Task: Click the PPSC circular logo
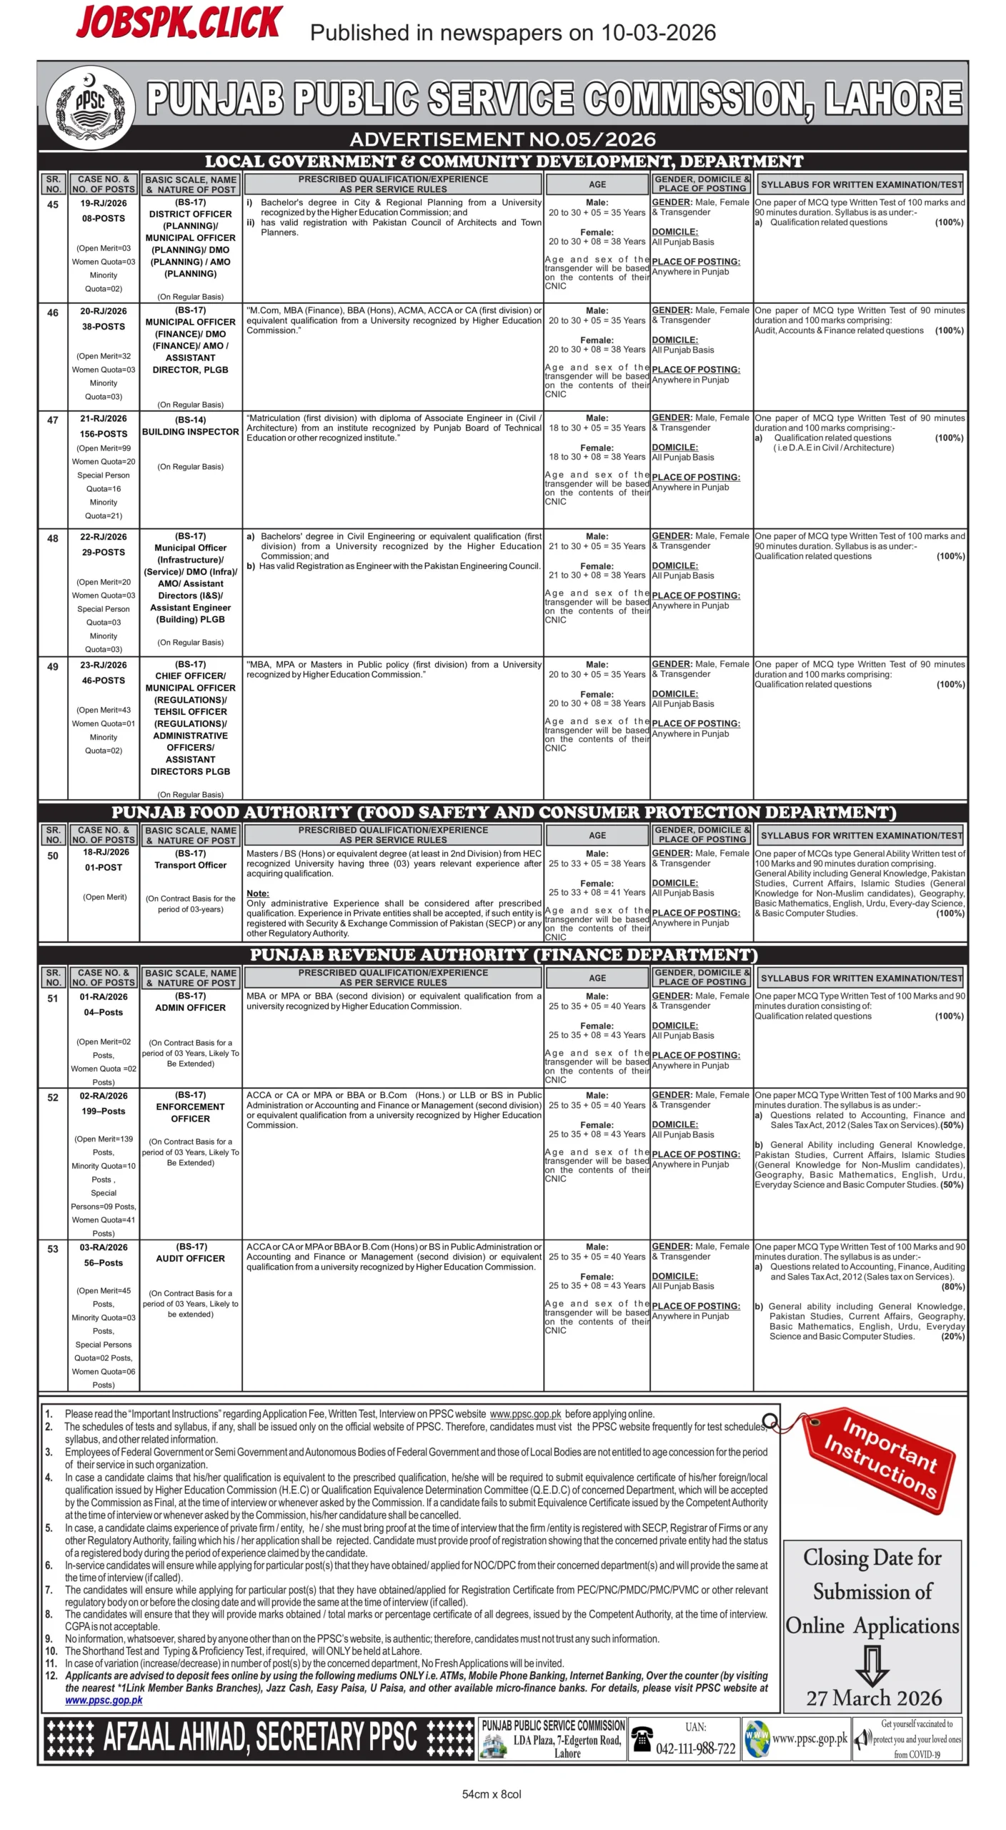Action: [x=90, y=107]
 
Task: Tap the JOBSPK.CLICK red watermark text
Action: [x=179, y=23]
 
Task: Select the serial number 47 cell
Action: [x=53, y=420]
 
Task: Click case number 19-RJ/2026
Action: [x=104, y=203]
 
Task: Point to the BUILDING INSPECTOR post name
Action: [x=190, y=432]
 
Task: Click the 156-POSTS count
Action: [x=104, y=434]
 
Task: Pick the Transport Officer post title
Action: [x=190, y=865]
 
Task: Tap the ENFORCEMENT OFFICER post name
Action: [x=190, y=1112]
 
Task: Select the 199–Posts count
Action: [x=104, y=1111]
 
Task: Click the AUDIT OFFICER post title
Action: [x=190, y=1258]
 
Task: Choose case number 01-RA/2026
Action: [x=104, y=996]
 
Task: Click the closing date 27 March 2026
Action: [x=874, y=1698]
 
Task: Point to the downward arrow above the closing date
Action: [x=872, y=1663]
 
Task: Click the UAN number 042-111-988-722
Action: [x=695, y=1748]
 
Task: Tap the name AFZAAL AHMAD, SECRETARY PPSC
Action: [x=260, y=1737]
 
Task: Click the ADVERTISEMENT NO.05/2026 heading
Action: [x=502, y=139]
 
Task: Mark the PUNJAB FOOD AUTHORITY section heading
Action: [x=503, y=812]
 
